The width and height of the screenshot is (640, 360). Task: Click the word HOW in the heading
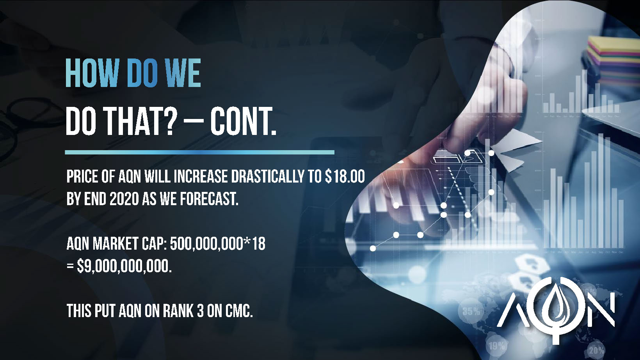pyautogui.click(x=92, y=73)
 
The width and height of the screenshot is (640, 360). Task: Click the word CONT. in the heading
pyautogui.click(x=244, y=121)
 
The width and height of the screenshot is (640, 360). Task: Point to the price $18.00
pyautogui.click(x=345, y=176)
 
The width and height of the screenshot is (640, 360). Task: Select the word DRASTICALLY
pyautogui.click(x=267, y=176)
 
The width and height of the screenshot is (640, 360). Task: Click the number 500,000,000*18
pyautogui.click(x=218, y=245)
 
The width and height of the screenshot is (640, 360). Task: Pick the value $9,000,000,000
pyautogui.click(x=124, y=267)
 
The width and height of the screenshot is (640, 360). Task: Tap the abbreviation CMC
pyautogui.click(x=239, y=311)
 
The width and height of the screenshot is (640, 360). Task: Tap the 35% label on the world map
pyautogui.click(x=471, y=311)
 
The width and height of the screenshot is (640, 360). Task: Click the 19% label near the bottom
pyautogui.click(x=497, y=346)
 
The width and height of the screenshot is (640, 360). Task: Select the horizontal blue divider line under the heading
pyautogui.click(x=199, y=153)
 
